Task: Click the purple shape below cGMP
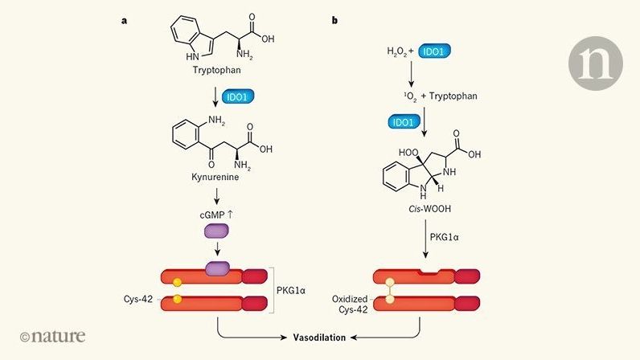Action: (x=218, y=231)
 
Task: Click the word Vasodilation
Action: (x=318, y=337)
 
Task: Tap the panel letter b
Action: (x=334, y=19)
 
